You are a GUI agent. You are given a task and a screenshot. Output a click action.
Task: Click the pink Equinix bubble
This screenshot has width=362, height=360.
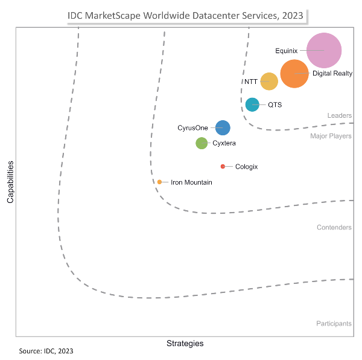tap(324, 50)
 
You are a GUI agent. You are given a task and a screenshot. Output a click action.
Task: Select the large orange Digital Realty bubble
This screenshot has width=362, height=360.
tap(294, 74)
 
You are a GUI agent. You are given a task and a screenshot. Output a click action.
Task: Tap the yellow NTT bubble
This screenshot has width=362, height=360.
tap(269, 81)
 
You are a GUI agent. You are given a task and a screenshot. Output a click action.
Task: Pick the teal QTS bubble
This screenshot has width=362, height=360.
tap(252, 104)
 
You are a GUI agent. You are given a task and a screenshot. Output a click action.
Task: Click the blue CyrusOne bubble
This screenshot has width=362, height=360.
tap(223, 127)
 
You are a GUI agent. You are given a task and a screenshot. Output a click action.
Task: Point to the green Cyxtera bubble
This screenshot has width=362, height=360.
tap(202, 143)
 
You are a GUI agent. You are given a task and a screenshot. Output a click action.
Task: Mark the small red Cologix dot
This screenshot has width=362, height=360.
tap(223, 166)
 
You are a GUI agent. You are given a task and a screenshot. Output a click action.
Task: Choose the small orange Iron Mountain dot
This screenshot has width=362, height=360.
tap(159, 182)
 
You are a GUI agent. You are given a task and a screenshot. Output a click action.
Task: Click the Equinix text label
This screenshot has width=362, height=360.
tap(286, 50)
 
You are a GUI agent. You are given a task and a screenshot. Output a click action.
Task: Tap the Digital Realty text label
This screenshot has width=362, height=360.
tap(332, 74)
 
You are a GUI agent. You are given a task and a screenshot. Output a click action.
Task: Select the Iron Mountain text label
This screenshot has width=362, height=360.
tap(191, 182)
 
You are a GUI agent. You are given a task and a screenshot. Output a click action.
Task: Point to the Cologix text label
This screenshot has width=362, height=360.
tap(246, 166)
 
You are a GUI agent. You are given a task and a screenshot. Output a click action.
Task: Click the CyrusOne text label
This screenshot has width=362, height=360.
tap(192, 127)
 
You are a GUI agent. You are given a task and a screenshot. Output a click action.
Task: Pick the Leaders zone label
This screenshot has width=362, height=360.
tap(340, 115)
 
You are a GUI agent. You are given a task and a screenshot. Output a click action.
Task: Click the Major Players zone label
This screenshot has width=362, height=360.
tap(331, 136)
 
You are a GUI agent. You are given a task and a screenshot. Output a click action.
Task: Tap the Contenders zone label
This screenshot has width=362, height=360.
tap(334, 227)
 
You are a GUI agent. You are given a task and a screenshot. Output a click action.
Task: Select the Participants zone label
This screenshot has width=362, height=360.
tap(334, 323)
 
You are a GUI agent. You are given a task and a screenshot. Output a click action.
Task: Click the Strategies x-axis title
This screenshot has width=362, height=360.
tap(185, 343)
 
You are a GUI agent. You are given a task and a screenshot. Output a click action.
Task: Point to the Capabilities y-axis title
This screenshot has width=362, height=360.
tap(10, 181)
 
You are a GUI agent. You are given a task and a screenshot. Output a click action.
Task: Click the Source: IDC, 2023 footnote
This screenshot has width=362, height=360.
tap(46, 350)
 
